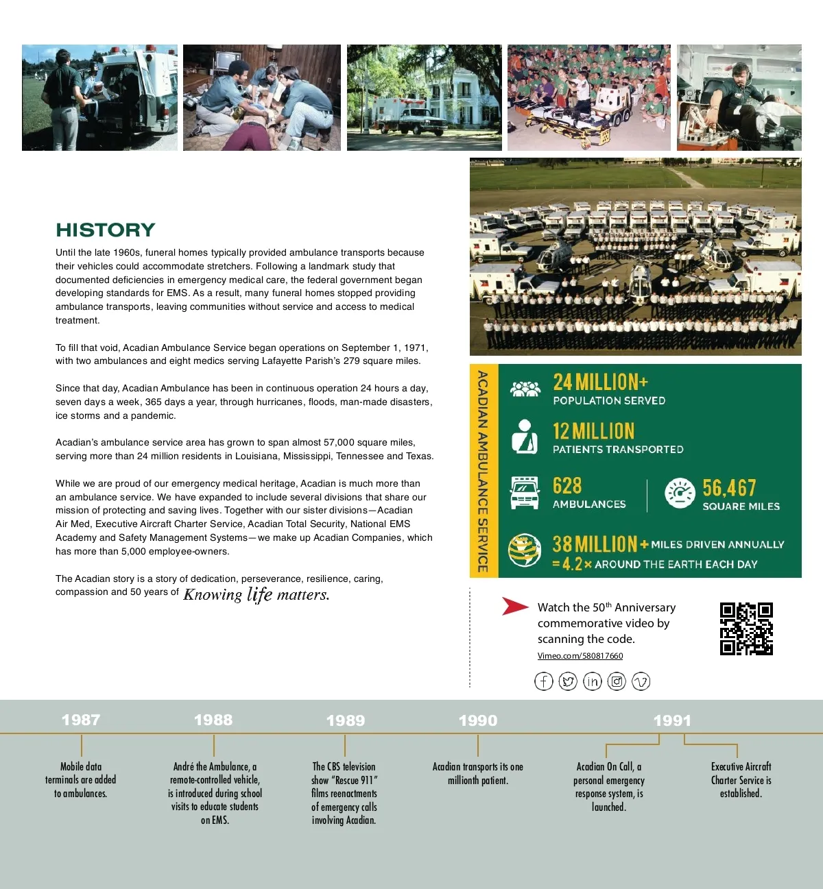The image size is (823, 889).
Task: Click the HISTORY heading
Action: point(106,230)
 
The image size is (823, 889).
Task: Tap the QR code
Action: point(746,629)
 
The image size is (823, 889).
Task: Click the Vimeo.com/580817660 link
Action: point(580,656)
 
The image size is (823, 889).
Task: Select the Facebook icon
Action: point(544,681)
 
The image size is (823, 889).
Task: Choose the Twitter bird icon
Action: point(568,681)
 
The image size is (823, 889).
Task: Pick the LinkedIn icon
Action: point(593,681)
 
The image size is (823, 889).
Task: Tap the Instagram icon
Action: point(617,681)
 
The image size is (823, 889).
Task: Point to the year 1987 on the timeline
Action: point(81,720)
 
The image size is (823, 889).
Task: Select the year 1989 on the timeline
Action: point(346,720)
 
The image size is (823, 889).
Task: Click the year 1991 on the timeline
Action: point(672,720)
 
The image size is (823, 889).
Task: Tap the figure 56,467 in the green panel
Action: point(729,488)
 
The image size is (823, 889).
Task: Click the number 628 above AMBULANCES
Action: point(567,486)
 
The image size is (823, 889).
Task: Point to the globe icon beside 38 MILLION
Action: point(525,551)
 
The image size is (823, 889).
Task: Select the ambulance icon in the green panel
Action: point(525,493)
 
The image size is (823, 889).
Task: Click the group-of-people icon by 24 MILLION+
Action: point(525,389)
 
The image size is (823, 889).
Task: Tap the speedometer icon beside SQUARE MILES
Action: point(680,493)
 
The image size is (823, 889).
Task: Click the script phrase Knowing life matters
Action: point(257,594)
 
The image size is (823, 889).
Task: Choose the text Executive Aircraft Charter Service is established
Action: point(741,780)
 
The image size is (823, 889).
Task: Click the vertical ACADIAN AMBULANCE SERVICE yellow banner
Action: point(484,471)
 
